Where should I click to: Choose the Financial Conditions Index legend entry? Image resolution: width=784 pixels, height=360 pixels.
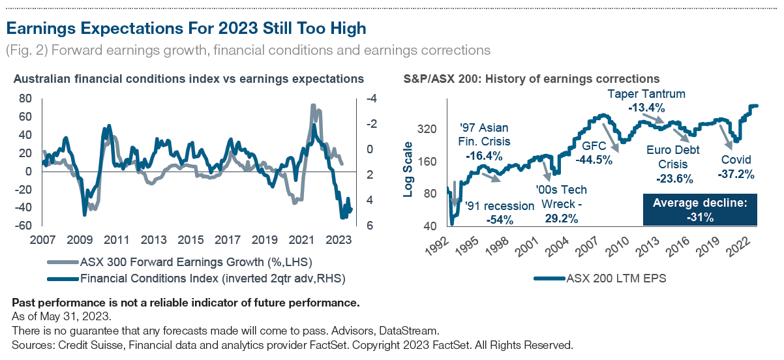pos(195,278)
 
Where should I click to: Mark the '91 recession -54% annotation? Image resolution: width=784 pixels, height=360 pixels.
pos(499,213)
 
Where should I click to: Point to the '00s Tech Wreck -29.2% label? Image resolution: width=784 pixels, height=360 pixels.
pos(560,203)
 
